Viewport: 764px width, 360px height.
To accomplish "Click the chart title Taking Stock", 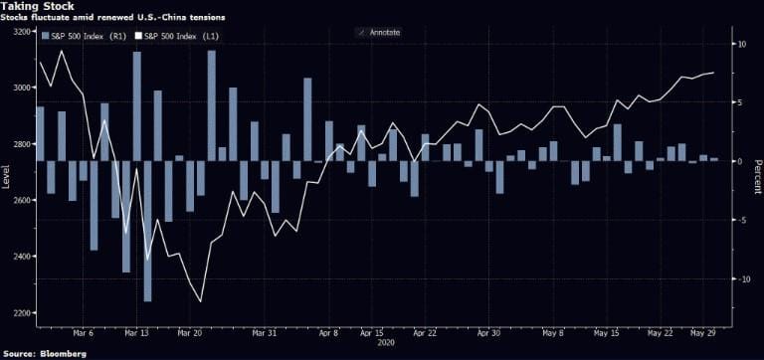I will [x=37, y=6].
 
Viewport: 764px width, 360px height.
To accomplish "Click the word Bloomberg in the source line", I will [x=59, y=353].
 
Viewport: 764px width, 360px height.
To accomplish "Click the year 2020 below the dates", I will [x=386, y=343].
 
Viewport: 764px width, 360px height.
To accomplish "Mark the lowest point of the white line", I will [x=201, y=301].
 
